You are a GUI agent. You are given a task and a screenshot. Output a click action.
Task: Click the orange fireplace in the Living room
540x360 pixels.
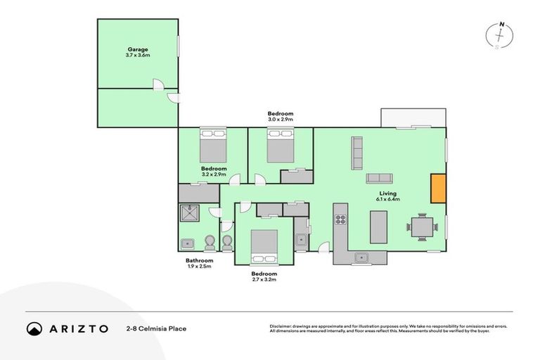[438, 188]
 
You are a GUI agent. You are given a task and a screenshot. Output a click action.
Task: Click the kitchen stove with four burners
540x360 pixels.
[340, 218]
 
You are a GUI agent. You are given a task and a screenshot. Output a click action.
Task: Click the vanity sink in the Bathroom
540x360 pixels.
[188, 244]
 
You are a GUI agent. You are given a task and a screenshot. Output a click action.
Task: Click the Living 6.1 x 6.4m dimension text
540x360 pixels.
[388, 200]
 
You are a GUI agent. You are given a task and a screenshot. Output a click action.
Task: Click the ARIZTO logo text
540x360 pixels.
[78, 328]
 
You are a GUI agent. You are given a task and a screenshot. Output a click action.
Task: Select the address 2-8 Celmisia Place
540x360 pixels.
[156, 328]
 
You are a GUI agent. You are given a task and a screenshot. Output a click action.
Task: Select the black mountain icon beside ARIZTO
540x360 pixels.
[34, 328]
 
